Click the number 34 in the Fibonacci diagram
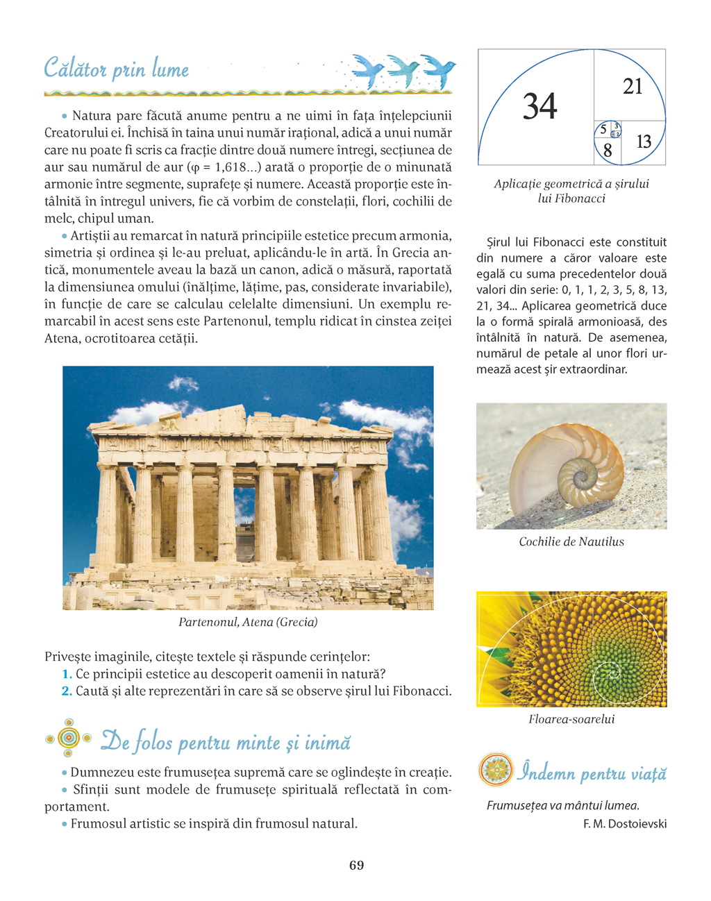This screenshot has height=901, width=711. pyautogui.click(x=539, y=107)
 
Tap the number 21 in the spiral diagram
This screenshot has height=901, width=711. pyautogui.click(x=633, y=87)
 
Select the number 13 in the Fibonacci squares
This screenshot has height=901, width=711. pyautogui.click(x=644, y=142)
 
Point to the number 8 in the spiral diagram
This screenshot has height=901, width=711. pyautogui.click(x=607, y=150)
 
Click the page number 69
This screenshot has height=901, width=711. pyautogui.click(x=356, y=865)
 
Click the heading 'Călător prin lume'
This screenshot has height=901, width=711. pyautogui.click(x=117, y=69)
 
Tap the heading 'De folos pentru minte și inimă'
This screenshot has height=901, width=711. pyautogui.click(x=226, y=742)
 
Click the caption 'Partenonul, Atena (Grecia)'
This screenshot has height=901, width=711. pyautogui.click(x=248, y=622)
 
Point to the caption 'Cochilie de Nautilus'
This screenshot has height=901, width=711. pyautogui.click(x=571, y=541)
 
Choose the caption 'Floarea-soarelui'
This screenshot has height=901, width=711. pyautogui.click(x=571, y=719)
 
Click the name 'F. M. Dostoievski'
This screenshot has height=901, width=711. pyautogui.click(x=625, y=824)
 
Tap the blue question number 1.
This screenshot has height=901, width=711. pyautogui.click(x=67, y=674)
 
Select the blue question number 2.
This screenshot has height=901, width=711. pyautogui.click(x=67, y=691)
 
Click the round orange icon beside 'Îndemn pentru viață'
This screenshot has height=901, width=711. pyautogui.click(x=496, y=770)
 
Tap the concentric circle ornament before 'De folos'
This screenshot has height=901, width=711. pyautogui.click(x=68, y=738)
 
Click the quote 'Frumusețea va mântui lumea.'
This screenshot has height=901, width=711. pyautogui.click(x=563, y=806)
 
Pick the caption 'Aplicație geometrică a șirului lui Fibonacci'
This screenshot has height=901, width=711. pyautogui.click(x=571, y=191)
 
